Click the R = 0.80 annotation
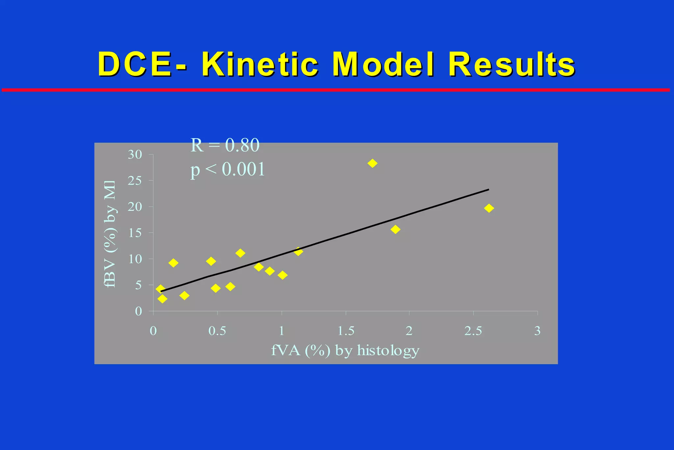tap(225, 145)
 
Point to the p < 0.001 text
tap(228, 170)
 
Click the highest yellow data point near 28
tap(372, 163)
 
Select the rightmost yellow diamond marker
tap(489, 208)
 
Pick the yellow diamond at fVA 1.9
tap(395, 229)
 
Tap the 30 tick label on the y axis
tap(135, 155)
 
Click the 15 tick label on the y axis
tap(135, 233)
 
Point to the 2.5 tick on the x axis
tap(473, 331)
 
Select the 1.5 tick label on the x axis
tap(346, 331)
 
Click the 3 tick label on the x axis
tap(537, 331)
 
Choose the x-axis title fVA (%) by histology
tap(345, 351)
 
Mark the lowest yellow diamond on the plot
tap(162, 299)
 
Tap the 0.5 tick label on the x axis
tap(217, 331)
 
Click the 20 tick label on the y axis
tap(135, 207)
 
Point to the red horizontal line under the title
tap(336, 90)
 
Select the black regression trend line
tap(346, 235)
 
